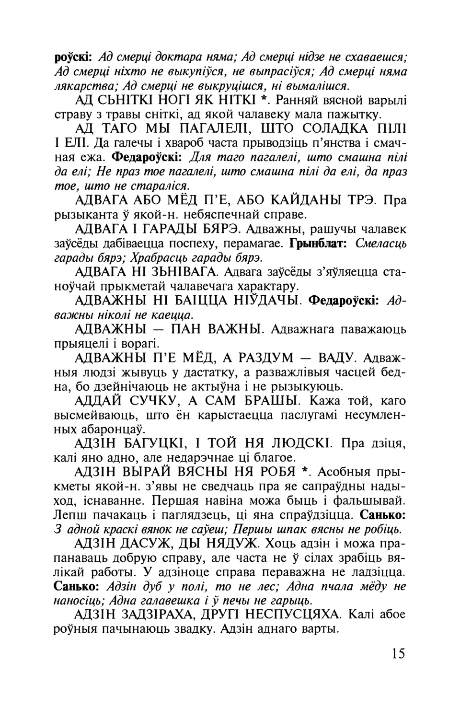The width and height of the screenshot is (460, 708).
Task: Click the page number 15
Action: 398,653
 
